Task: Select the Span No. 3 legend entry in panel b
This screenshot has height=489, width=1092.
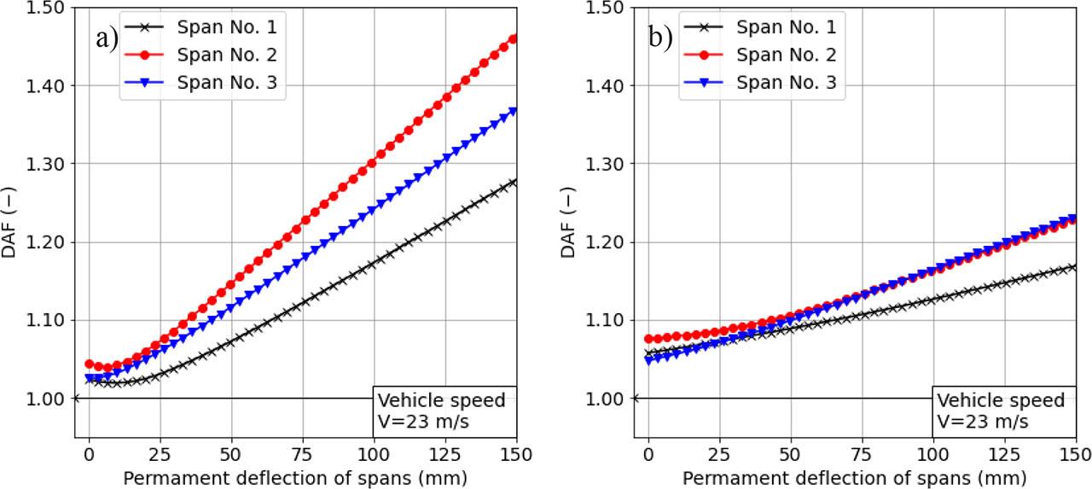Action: (x=786, y=83)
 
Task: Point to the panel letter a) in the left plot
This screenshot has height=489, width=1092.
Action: (x=106, y=38)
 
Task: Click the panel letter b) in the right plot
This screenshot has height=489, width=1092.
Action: (x=659, y=38)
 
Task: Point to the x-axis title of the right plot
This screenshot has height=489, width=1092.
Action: (x=854, y=477)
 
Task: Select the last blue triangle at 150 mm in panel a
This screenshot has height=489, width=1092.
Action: (x=514, y=112)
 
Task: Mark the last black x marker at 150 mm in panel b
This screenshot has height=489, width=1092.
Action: (x=1073, y=267)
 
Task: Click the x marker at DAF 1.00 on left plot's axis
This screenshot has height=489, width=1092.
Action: (x=75, y=399)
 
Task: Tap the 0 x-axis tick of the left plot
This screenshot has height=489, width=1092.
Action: (x=89, y=453)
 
